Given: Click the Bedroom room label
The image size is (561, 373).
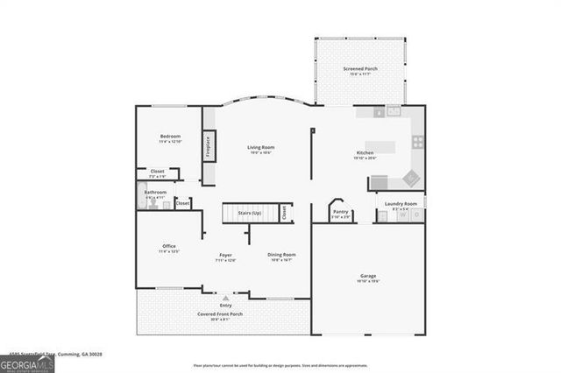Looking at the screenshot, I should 170,137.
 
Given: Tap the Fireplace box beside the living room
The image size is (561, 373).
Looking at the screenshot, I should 209,144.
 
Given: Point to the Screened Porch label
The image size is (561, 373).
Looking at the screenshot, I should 360,69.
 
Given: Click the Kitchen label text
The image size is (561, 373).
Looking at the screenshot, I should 365,152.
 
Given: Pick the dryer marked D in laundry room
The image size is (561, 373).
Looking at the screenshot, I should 416,215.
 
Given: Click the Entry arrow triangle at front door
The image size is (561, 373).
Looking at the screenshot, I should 225,298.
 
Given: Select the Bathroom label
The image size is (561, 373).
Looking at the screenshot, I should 155,192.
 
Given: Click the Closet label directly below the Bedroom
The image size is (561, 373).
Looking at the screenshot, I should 157,171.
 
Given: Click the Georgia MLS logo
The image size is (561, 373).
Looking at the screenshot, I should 27,362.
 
